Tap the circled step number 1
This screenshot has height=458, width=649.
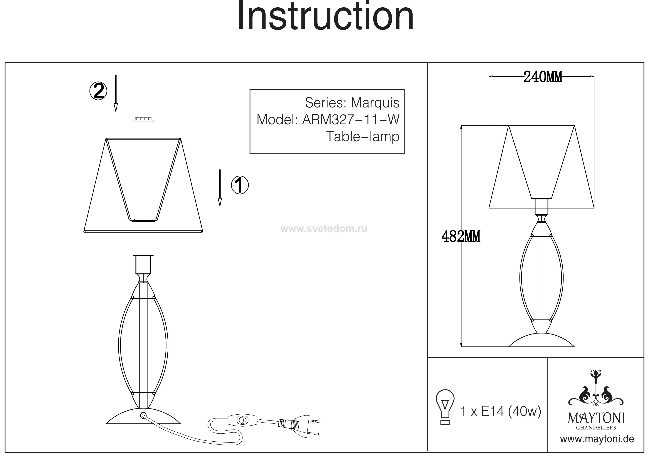[x=240, y=185]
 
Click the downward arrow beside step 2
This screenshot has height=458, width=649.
[x=116, y=93]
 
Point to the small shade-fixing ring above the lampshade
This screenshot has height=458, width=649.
[x=143, y=120]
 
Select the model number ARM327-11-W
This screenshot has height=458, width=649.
[x=351, y=120]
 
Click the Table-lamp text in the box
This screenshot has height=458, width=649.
[x=363, y=137]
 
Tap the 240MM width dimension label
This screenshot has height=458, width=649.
[x=543, y=77]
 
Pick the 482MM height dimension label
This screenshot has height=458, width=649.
[x=461, y=236]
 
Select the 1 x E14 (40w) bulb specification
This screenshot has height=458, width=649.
[x=501, y=411]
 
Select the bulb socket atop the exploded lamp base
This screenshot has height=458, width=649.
[x=143, y=265]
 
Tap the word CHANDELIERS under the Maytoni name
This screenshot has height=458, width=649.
[x=596, y=428]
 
